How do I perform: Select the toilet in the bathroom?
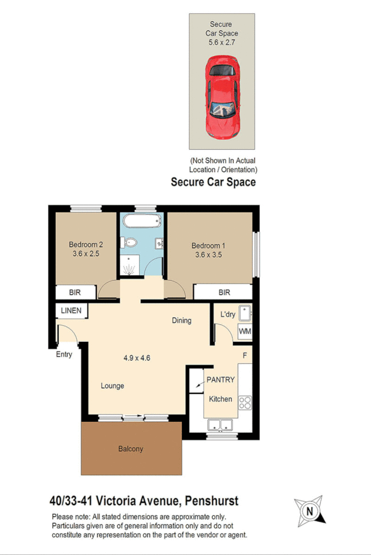tap(130, 243)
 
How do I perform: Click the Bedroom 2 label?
tap(86, 244)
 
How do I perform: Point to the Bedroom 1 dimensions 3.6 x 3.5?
tap(209, 255)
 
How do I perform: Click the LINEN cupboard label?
tap(72, 311)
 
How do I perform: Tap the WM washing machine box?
tap(245, 332)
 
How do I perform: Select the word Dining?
tap(182, 320)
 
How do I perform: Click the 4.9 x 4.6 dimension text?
tap(137, 357)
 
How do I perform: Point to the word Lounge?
tap(112, 386)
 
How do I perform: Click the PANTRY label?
tap(221, 380)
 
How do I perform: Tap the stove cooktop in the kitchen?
tap(245, 402)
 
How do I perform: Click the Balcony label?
tap(131, 448)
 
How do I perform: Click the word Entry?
tap(64, 354)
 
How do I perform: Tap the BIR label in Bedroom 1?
tap(224, 292)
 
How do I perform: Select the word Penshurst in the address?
tap(213, 501)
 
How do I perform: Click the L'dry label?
tap(228, 315)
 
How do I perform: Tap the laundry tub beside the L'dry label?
tap(245, 312)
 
